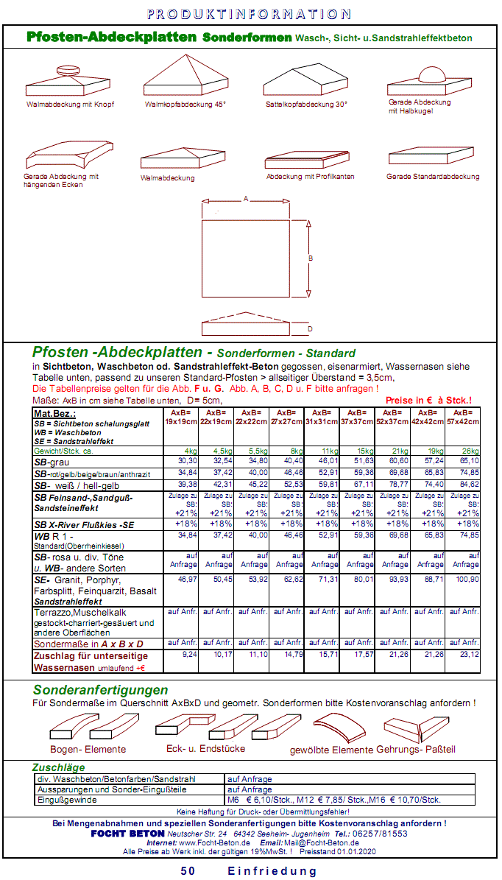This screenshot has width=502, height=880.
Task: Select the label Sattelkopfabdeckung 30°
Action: pyautogui.click(x=306, y=105)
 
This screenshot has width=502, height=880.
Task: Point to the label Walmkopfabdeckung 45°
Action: pyautogui.click(x=185, y=105)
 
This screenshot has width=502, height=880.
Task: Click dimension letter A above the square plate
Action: pyautogui.click(x=246, y=199)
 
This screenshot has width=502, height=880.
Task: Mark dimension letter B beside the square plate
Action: pyautogui.click(x=311, y=258)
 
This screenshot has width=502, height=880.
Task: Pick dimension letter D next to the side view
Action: pyautogui.click(x=310, y=328)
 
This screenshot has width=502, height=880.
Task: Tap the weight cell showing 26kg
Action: pyautogui.click(x=469, y=450)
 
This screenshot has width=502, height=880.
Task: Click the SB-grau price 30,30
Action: pyautogui.click(x=187, y=460)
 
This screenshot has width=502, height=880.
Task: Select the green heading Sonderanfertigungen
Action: pyautogui.click(x=100, y=690)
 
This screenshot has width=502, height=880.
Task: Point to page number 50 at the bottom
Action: pyautogui.click(x=188, y=871)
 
